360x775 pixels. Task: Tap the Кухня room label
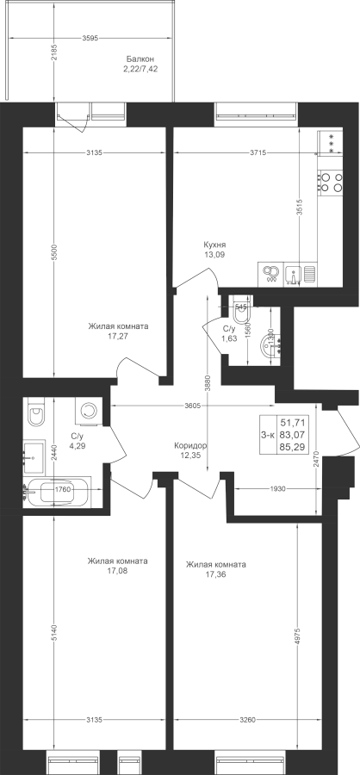214,245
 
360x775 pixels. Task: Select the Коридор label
190,445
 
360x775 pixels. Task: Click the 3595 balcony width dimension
90,37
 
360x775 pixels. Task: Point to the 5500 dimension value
55,251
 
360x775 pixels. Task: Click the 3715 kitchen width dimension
258,153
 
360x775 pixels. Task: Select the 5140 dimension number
55,633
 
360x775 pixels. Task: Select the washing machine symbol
89,410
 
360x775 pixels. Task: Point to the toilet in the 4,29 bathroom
36,412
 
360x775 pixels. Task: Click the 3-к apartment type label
268,435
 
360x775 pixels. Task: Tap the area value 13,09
214,255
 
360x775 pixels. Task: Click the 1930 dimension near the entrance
278,489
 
